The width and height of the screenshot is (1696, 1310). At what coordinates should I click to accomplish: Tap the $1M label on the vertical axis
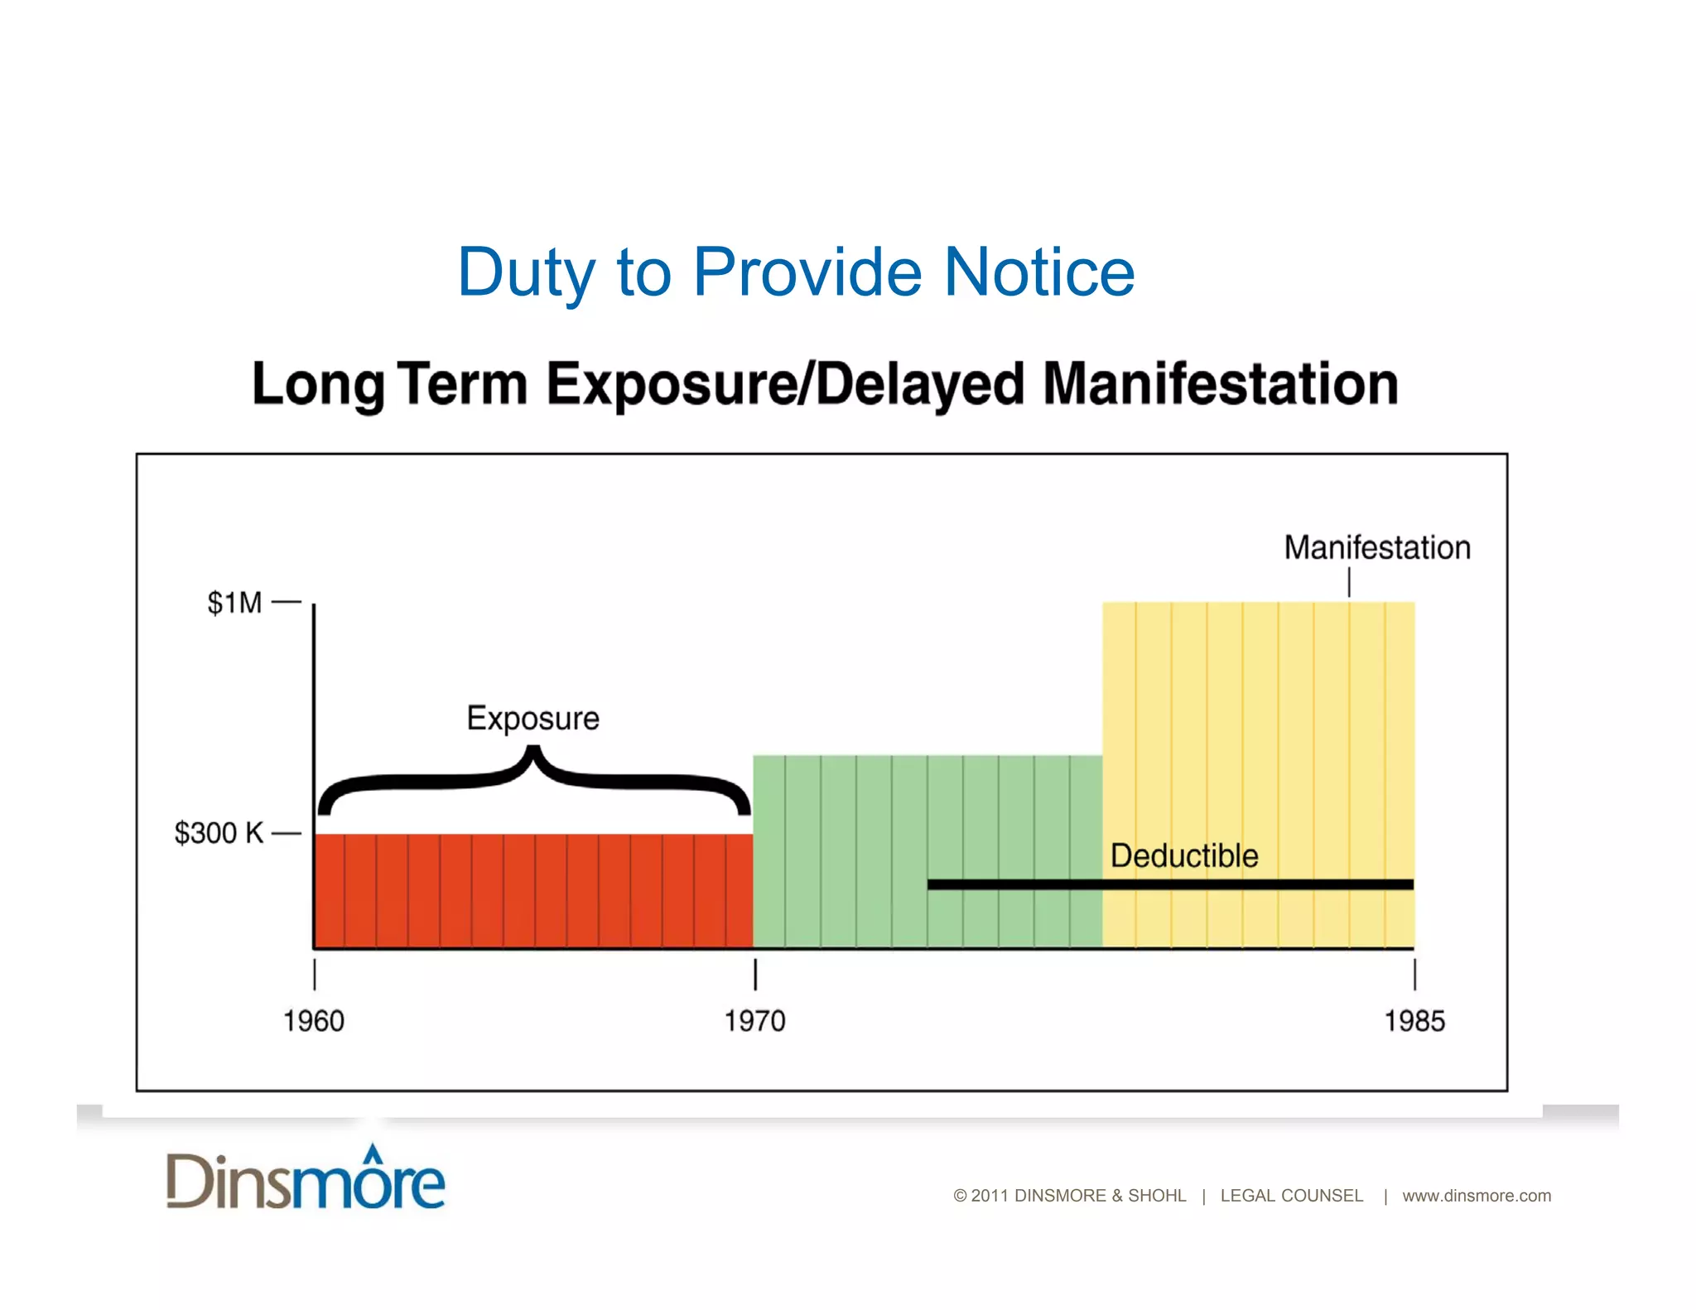click(234, 603)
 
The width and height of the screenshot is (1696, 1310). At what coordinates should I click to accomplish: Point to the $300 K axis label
click(219, 833)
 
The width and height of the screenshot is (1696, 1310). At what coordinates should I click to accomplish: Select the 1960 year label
click(314, 1021)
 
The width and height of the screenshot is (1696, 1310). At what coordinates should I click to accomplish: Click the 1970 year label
click(754, 1021)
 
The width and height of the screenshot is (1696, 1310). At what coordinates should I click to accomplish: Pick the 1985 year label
click(1414, 1021)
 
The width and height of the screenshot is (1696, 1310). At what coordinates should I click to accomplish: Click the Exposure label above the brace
click(532, 718)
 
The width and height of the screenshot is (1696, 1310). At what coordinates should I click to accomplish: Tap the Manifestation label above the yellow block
click(1377, 547)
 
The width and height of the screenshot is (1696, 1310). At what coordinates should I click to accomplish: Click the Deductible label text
click(1184, 855)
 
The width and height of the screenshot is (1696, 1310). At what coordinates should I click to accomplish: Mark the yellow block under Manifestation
click(1259, 729)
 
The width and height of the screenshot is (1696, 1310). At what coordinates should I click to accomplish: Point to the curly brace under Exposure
click(534, 778)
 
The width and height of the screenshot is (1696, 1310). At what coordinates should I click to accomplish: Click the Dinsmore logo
click(306, 1178)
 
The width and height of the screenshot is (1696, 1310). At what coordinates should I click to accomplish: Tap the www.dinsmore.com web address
click(1477, 1196)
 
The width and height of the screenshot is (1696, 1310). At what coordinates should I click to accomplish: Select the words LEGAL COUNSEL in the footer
click(1291, 1196)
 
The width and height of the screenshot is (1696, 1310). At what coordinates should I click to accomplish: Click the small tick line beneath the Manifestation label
click(1349, 581)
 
